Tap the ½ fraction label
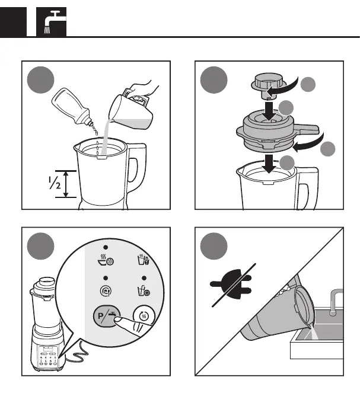[x=55, y=183]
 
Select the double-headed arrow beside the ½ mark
[x=66, y=184]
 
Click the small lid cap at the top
[x=269, y=86]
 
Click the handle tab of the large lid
[x=307, y=129]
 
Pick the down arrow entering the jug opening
[x=269, y=164]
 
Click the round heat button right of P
[x=144, y=316]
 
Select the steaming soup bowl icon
[x=106, y=260]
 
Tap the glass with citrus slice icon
[x=144, y=290]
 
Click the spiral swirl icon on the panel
[x=106, y=291]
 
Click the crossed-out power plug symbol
[x=231, y=285]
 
